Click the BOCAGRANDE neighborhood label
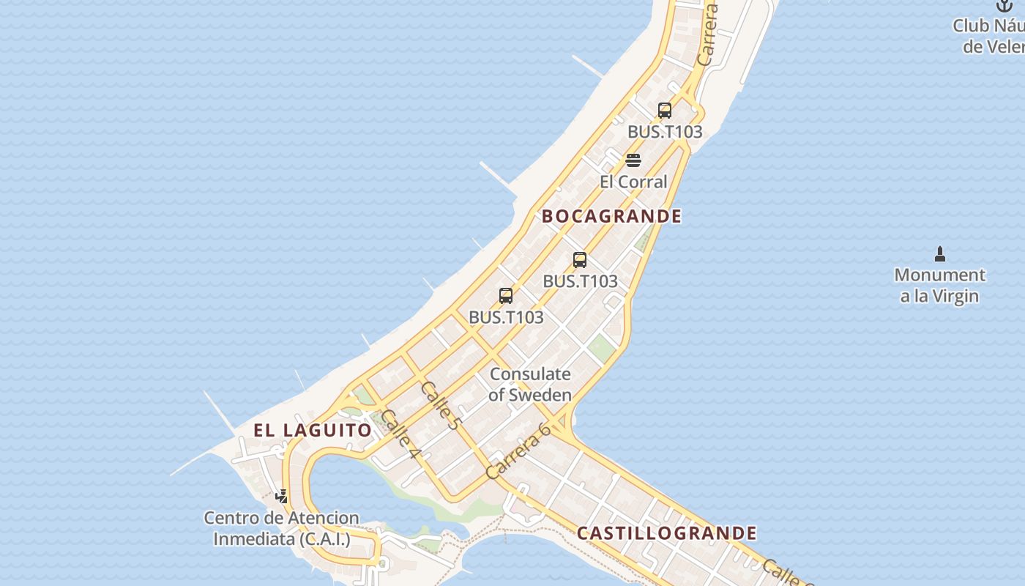[x=611, y=216]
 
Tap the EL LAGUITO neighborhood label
[x=313, y=430]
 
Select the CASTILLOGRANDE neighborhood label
[x=666, y=533]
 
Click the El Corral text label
[x=633, y=182]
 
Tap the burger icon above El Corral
[x=633, y=160]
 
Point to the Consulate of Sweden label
[x=530, y=385]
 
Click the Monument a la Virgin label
[x=940, y=286]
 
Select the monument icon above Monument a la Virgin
[x=940, y=254]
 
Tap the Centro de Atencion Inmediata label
[x=282, y=528]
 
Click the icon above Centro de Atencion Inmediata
[x=281, y=497]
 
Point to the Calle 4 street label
[x=400, y=434]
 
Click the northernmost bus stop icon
[x=665, y=111]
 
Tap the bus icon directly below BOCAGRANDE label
[x=580, y=259]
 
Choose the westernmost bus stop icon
[x=506, y=296]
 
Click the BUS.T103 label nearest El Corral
[x=665, y=132]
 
